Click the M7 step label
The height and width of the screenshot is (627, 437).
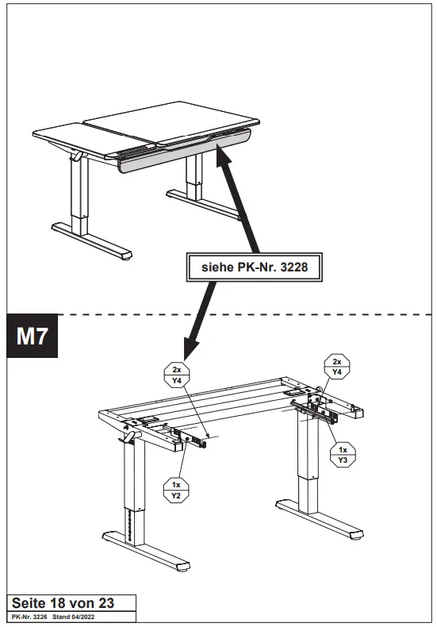point(33,337)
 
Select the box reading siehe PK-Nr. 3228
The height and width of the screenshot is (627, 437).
point(255,268)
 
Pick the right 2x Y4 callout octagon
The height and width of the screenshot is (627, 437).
point(336,367)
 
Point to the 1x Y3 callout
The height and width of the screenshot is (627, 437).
point(343,455)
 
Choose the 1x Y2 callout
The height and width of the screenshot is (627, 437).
point(176,489)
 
